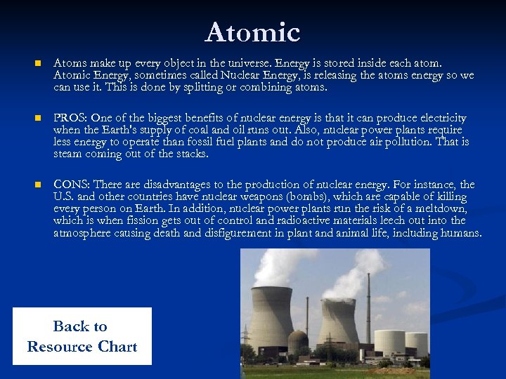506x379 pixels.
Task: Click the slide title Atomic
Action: pyautogui.click(x=253, y=32)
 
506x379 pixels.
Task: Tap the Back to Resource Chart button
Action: pyautogui.click(x=82, y=336)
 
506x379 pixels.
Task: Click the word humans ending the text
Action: pyautogui.click(x=461, y=233)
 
